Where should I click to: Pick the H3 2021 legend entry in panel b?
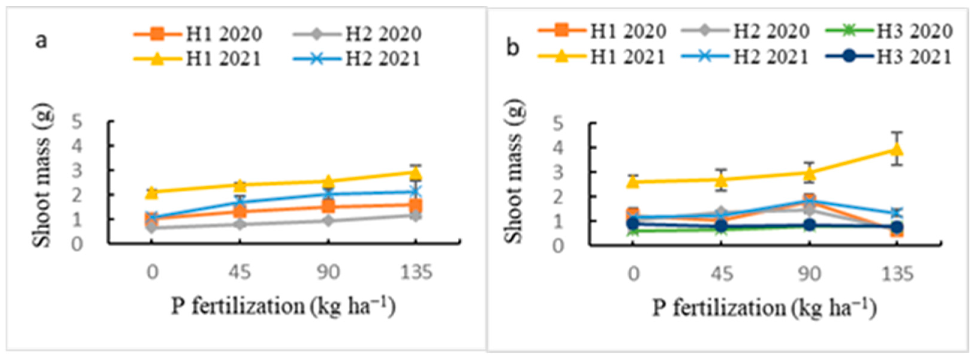889,57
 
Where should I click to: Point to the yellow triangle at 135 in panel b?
897,149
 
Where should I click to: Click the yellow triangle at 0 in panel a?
152,192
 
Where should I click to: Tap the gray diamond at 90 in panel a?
328,220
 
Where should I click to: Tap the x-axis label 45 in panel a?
240,272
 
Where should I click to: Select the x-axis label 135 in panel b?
897,274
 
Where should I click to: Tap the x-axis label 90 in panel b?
809,274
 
